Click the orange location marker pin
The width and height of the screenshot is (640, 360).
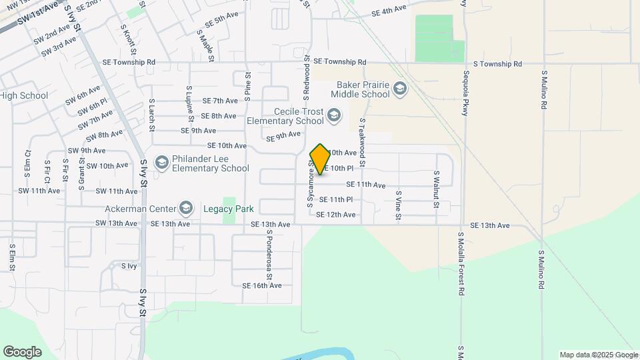[320, 159]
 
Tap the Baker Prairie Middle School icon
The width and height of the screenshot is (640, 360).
[399, 89]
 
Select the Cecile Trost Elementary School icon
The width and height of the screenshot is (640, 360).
[334, 117]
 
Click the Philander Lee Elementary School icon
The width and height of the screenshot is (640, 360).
[161, 163]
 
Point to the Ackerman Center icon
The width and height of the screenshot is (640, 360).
[186, 209]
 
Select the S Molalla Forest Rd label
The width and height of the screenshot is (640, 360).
[461, 263]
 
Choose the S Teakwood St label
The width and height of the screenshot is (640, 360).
[362, 143]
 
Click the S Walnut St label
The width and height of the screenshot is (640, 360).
[436, 189]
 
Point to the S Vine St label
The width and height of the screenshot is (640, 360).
[397, 205]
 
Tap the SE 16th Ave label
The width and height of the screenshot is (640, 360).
[262, 285]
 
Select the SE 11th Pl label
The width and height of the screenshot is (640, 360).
[335, 199]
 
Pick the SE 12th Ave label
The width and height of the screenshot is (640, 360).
[335, 215]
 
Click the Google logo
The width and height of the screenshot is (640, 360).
[22, 351]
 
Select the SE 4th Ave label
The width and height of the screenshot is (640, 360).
[389, 11]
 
